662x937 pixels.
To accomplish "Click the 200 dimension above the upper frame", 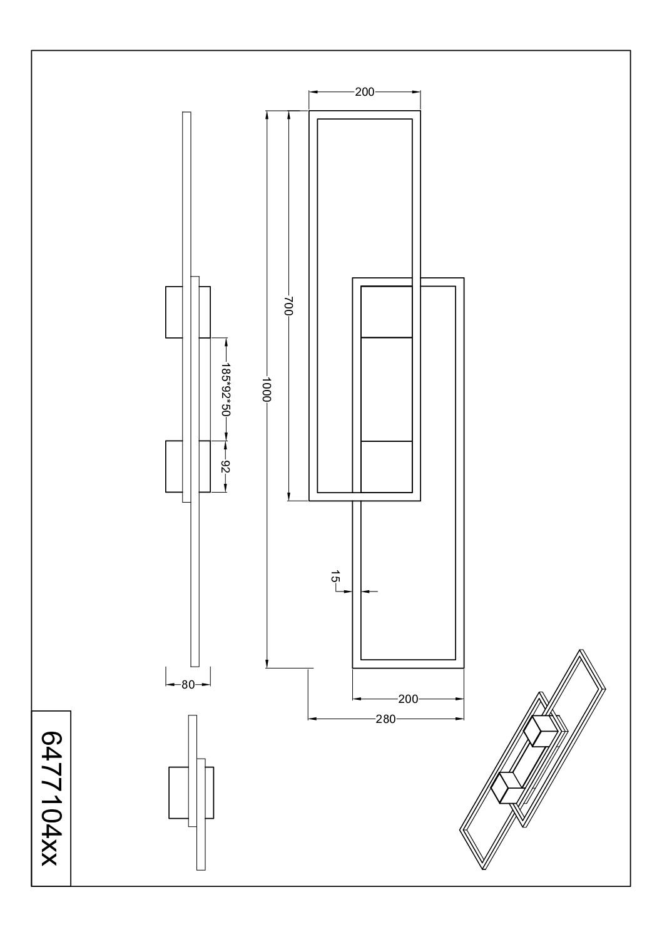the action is click(364, 92).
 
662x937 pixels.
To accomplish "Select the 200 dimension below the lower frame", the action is click(408, 699).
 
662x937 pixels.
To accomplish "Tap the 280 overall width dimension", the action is click(385, 719).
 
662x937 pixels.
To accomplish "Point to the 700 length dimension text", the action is click(289, 306).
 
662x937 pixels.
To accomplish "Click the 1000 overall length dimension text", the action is click(267, 389).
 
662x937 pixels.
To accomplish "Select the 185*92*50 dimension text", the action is click(226, 389).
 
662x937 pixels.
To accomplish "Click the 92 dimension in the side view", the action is click(226, 466).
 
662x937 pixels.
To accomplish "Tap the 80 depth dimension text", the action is click(188, 685).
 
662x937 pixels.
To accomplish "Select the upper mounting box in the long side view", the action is click(188, 312).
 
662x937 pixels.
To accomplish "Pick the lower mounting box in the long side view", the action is click(188, 466).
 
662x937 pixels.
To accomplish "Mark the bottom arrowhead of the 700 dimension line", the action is click(289, 497).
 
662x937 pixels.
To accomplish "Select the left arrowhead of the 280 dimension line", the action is click(312, 719).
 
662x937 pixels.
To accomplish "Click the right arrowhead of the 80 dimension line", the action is click(206, 685).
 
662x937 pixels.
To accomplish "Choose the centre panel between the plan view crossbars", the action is click(387, 389).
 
